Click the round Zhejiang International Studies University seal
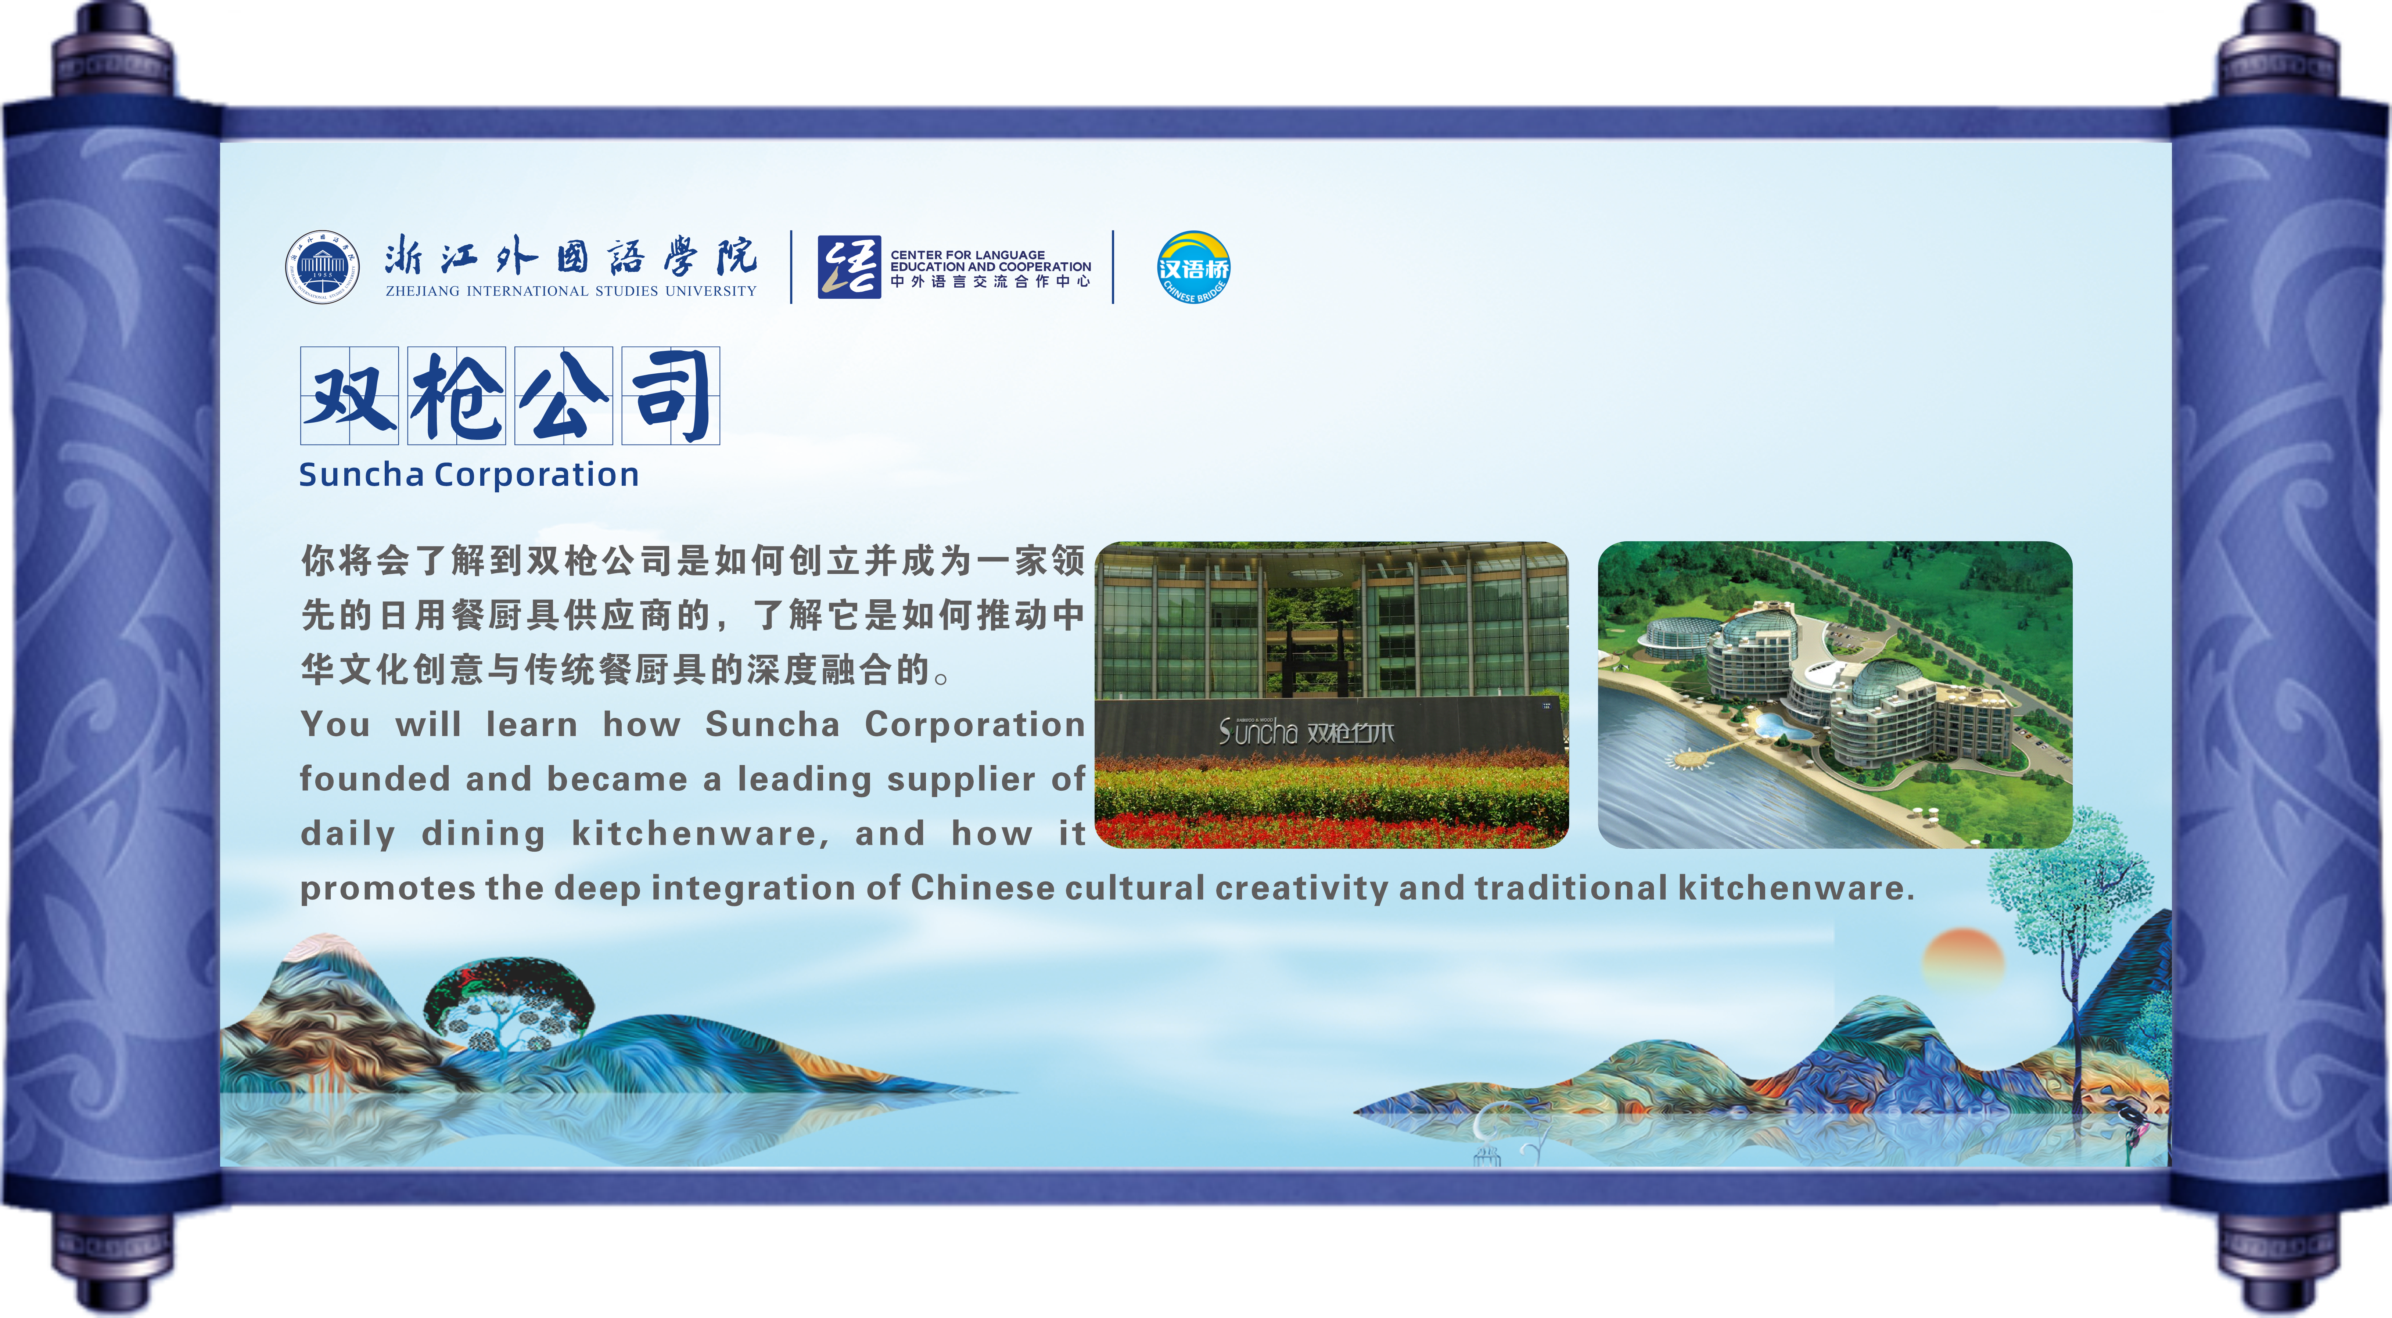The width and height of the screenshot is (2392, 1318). click(x=322, y=267)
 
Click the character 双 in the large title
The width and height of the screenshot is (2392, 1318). click(x=349, y=396)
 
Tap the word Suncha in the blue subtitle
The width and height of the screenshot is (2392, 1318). click(x=361, y=475)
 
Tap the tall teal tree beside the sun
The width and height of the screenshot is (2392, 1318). click(x=2071, y=892)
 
